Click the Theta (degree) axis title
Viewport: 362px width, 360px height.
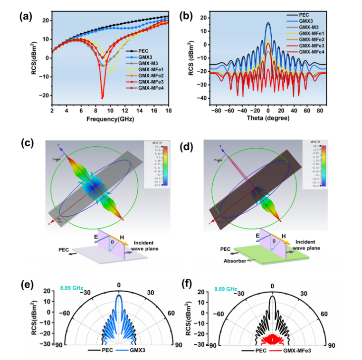[268, 119]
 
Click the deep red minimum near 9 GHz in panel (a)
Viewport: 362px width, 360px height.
[102, 97]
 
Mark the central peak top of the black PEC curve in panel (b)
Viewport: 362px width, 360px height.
[268, 23]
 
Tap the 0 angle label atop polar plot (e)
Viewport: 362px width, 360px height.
[119, 286]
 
